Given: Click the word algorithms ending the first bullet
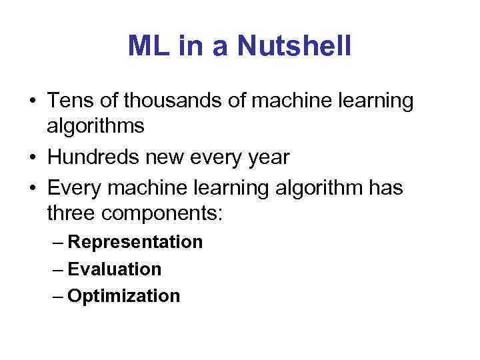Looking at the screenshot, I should point(96,127).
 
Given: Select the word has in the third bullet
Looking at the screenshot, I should point(384,189).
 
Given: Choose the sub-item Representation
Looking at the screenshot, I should point(135,242).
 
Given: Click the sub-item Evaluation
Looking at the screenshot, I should point(114,269).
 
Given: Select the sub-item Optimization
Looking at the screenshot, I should point(124,296).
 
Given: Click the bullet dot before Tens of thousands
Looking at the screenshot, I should point(32,102).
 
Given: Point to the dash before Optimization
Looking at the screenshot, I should point(57,297).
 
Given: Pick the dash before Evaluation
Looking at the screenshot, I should point(57,270).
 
